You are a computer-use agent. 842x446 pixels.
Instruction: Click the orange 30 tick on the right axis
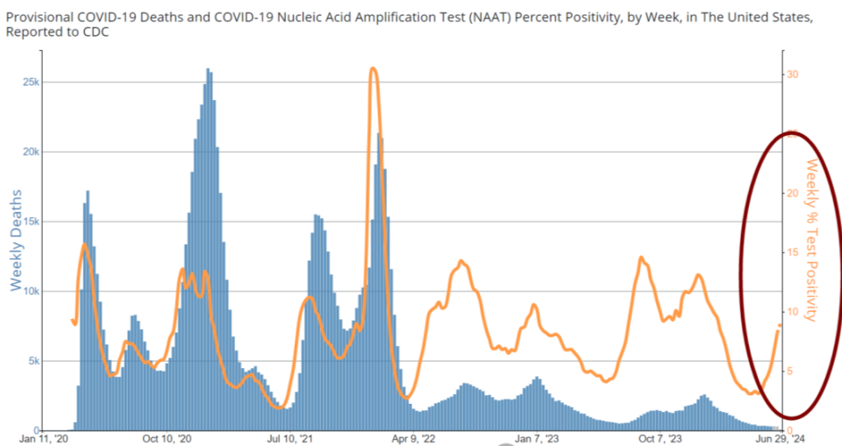pyautogui.click(x=792, y=74)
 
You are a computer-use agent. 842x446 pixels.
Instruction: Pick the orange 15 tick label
pyautogui.click(x=792, y=252)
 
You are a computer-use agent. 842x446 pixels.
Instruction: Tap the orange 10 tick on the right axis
pyautogui.click(x=792, y=312)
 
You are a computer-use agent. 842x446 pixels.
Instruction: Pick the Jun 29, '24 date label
pyautogui.click(x=781, y=439)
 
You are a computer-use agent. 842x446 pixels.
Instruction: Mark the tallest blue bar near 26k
pyautogui.click(x=208, y=69)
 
